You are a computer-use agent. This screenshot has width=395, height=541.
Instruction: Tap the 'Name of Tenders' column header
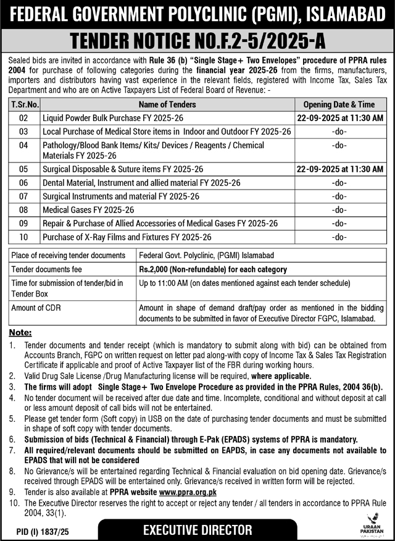coord(167,104)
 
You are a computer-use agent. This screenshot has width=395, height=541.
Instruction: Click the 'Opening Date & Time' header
coord(339,104)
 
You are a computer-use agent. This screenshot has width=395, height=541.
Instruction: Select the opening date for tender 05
coord(339,169)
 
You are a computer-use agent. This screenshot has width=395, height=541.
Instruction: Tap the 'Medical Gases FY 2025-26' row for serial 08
coord(84,210)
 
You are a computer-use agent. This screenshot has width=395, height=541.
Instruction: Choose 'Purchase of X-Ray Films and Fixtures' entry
coord(127,237)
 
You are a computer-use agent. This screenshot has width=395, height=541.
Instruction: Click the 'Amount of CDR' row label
coord(38,308)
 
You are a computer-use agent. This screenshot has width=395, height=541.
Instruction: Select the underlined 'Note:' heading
coord(20,332)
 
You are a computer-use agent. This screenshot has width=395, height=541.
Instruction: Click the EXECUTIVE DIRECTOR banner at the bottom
coord(197,530)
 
